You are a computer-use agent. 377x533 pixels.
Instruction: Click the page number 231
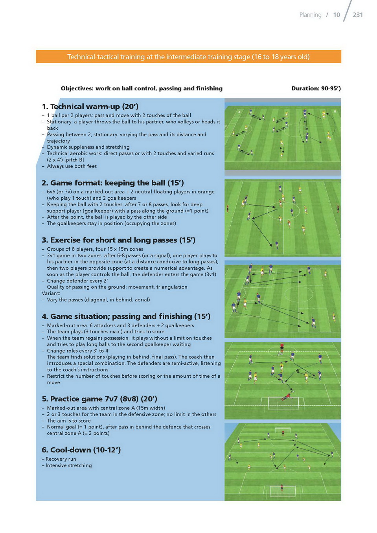point(357,15)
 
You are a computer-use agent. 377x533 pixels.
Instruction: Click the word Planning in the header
point(310,15)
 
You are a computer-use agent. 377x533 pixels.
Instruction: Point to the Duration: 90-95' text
point(316,88)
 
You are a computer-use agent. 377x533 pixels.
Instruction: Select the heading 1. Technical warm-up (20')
point(90,107)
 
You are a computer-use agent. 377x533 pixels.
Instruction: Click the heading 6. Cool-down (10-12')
point(81,450)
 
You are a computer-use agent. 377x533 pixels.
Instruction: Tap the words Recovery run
point(61,459)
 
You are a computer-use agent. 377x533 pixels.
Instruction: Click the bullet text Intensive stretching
point(68,465)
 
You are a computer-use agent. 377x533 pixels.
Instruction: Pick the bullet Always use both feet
point(72,166)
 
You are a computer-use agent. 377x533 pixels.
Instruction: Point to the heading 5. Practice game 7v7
point(99,399)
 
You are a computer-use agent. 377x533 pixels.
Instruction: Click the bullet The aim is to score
point(69,421)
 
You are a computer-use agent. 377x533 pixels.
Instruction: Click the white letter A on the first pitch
point(239,112)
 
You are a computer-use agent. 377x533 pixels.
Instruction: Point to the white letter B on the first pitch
point(335,111)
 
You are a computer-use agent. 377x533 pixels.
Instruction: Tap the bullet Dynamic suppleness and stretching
point(88,147)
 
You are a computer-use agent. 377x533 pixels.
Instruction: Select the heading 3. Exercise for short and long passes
point(119,240)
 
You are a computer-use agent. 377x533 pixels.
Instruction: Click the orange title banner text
point(188,57)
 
